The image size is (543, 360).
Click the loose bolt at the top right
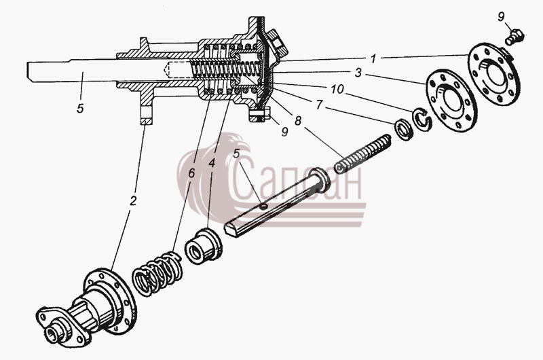515,37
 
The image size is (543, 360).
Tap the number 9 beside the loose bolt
502,16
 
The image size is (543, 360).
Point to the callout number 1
373,59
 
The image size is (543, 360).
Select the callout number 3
358,73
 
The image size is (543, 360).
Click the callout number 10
337,89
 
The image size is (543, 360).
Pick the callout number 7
319,104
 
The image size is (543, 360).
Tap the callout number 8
297,121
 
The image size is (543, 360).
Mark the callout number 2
133,200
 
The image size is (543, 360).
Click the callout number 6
191,173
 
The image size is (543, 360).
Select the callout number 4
212,163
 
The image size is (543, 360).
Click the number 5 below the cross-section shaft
80,109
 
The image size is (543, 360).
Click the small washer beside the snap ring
403,129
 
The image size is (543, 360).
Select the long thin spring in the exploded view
362,154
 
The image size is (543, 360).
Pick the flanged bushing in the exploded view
202,247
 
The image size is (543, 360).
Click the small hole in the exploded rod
263,206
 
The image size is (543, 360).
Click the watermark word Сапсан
296,182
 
